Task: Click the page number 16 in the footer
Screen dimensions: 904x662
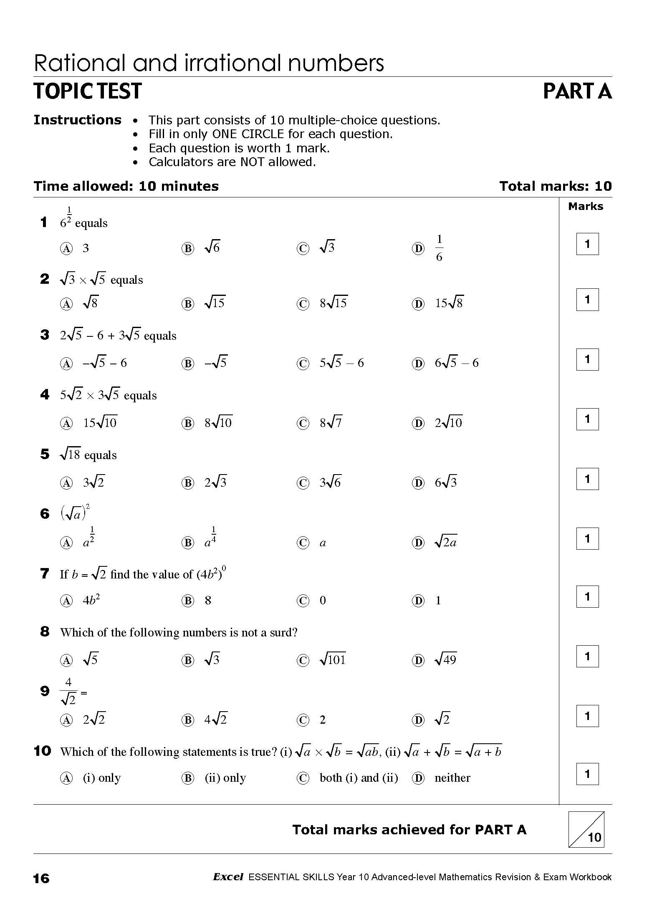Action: pyautogui.click(x=41, y=879)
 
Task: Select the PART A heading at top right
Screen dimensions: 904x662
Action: pyautogui.click(x=577, y=91)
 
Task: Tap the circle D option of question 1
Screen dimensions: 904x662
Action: pyautogui.click(x=418, y=249)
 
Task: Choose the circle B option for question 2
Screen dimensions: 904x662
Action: pyautogui.click(x=187, y=304)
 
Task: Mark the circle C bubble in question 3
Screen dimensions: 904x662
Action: pyautogui.click(x=303, y=364)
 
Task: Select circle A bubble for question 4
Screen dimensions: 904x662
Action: pyautogui.click(x=66, y=424)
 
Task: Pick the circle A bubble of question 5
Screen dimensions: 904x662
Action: pyautogui.click(x=66, y=483)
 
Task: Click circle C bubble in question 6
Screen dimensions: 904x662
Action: pyautogui.click(x=303, y=543)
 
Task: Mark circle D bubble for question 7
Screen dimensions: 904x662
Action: pyautogui.click(x=418, y=601)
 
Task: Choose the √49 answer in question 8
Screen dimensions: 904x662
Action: pyautogui.click(x=446, y=660)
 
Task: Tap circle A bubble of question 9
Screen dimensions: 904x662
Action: pyautogui.click(x=66, y=720)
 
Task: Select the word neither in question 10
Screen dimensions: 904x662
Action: pyautogui.click(x=452, y=778)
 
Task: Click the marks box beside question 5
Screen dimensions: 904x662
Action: pyautogui.click(x=587, y=479)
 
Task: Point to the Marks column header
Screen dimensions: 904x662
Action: pyautogui.click(x=586, y=206)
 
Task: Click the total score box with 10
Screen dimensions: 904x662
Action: pyautogui.click(x=586, y=829)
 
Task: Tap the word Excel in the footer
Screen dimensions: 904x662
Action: pyautogui.click(x=228, y=877)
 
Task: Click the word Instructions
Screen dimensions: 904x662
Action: pyautogui.click(x=77, y=120)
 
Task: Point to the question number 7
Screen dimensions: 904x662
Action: pyautogui.click(x=45, y=574)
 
